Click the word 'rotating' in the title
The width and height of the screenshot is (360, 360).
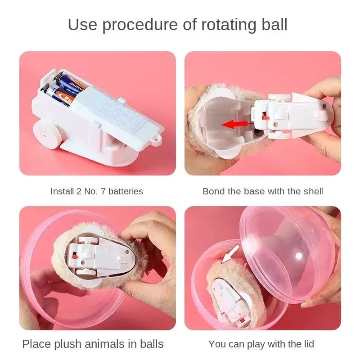[229, 25]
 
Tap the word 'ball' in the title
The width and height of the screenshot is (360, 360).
[274, 24]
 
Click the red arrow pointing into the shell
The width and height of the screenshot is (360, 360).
[234, 125]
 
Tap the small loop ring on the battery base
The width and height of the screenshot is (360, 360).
[157, 139]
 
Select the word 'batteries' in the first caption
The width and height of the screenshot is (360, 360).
[126, 191]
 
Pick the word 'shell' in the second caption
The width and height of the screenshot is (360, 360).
[314, 191]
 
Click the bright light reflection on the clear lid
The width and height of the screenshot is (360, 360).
[299, 256]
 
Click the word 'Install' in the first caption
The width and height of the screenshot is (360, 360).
[62, 191]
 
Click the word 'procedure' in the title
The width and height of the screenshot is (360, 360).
[140, 25]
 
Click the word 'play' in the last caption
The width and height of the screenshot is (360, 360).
[256, 344]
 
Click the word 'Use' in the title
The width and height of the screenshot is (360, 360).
[82, 24]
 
